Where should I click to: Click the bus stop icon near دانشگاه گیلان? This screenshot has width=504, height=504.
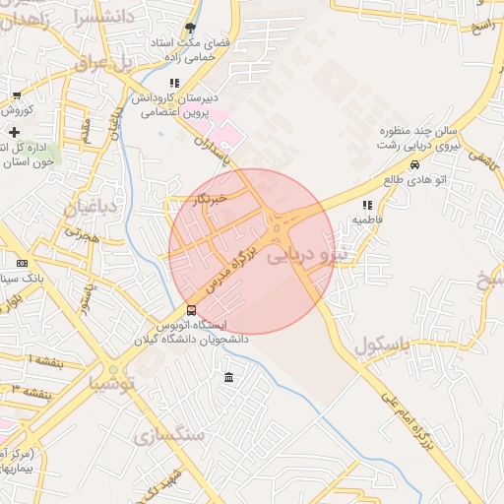[191, 311]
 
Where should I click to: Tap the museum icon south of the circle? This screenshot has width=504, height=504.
[228, 379]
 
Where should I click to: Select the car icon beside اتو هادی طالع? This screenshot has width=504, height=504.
[415, 165]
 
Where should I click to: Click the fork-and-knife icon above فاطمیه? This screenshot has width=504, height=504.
[366, 206]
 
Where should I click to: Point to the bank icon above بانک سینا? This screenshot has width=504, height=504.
[23, 264]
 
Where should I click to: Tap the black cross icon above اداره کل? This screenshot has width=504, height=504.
[14, 132]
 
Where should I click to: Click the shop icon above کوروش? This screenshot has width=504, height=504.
[17, 95]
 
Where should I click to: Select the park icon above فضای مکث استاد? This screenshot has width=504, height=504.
[190, 30]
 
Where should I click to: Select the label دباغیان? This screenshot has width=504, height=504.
[92, 207]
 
